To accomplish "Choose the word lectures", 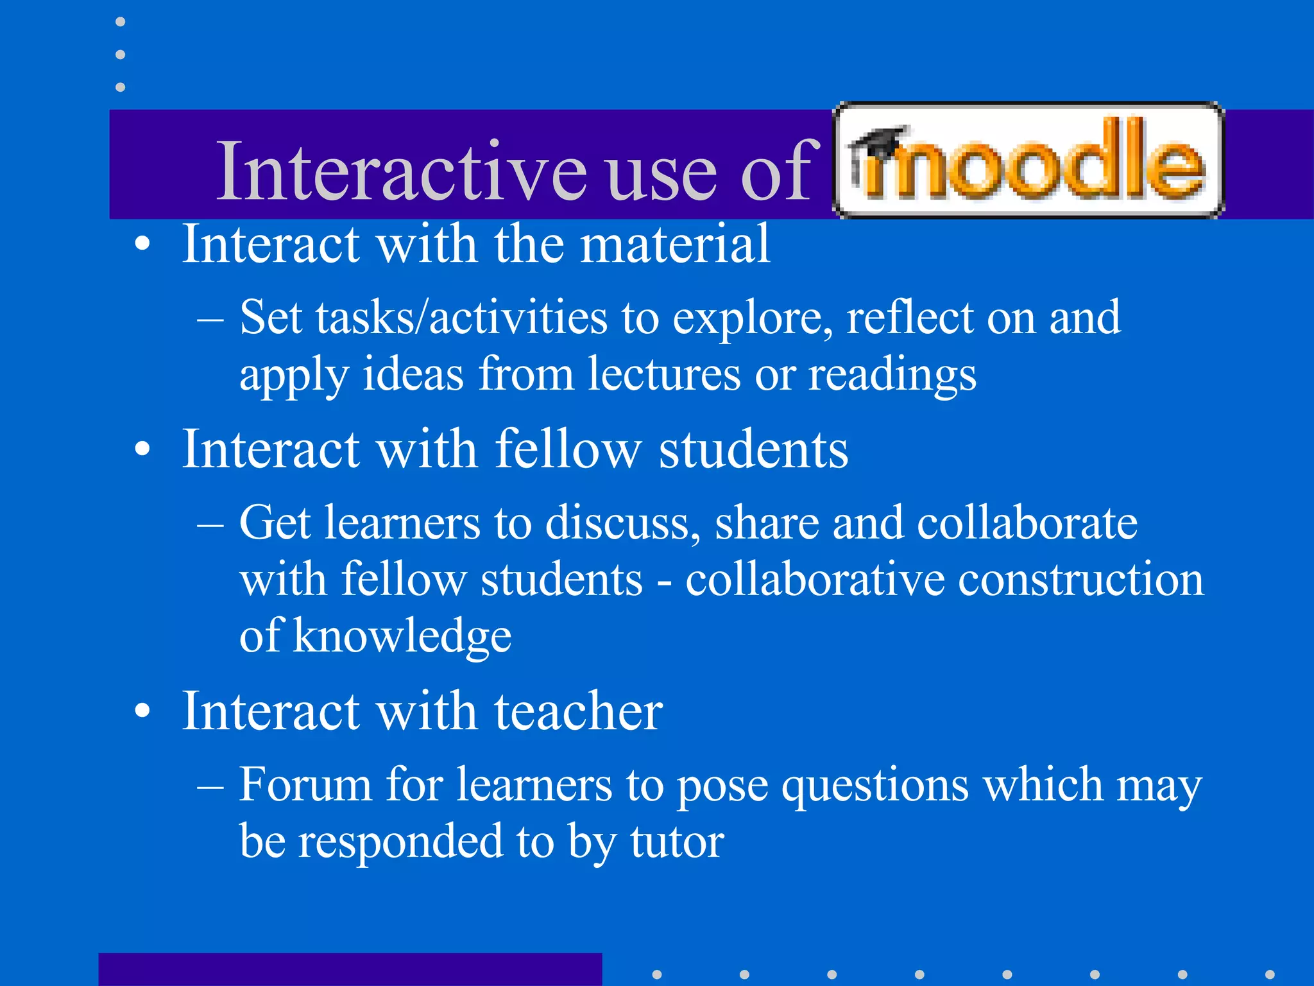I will click(664, 374).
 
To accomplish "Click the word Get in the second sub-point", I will click(275, 523).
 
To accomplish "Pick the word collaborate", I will click(1027, 523).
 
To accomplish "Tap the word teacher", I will click(578, 711).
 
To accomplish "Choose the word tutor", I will click(678, 842).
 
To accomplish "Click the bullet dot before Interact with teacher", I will click(142, 711).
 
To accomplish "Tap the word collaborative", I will click(814, 579).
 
